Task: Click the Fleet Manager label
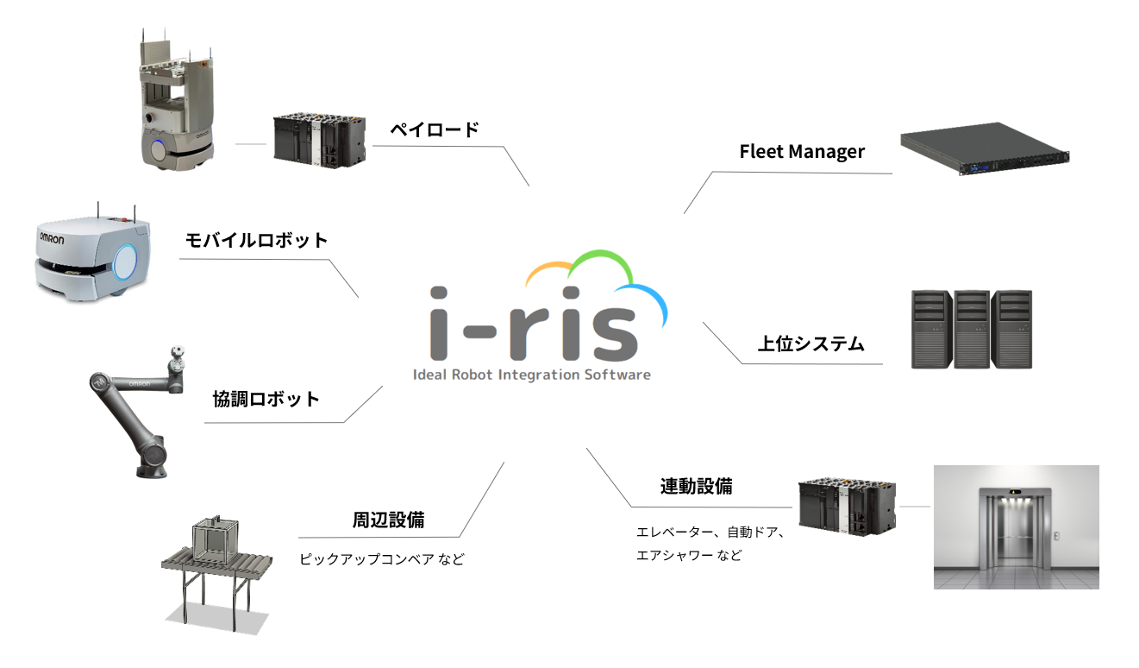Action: (802, 152)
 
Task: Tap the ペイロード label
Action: (434, 129)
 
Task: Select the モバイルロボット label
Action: (257, 240)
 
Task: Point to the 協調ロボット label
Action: (266, 399)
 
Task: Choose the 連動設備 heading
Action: (697, 486)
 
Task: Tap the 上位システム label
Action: (810, 343)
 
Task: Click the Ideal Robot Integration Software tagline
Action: (532, 375)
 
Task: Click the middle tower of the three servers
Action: (972, 330)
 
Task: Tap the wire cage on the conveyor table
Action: (214, 541)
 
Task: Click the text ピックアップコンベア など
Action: (381, 559)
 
